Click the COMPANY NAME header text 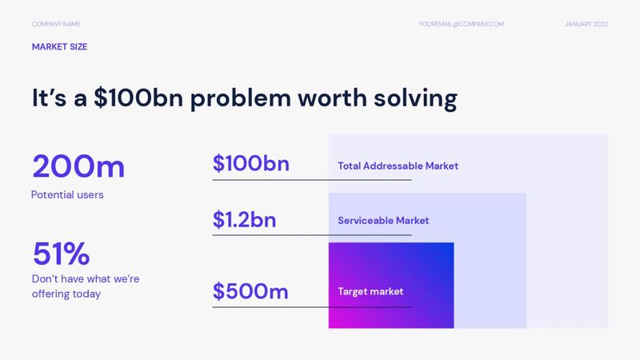click(56, 24)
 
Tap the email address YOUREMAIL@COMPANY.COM click(461, 24)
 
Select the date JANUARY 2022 click(586, 24)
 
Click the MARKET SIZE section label click(59, 47)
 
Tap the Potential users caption click(67, 194)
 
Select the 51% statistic click(61, 254)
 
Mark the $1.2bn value click(244, 219)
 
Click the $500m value click(250, 291)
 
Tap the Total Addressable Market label click(398, 166)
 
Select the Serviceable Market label click(383, 220)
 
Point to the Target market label click(370, 292)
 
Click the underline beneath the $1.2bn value click(311, 235)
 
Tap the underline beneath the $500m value click(311, 307)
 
